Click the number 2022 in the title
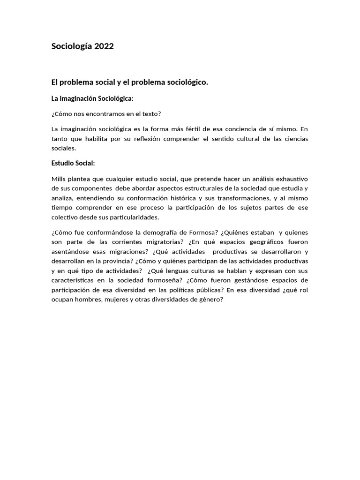click(104, 46)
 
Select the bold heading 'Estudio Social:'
click(73, 163)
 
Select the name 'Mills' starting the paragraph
click(59, 179)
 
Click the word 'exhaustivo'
click(292, 179)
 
